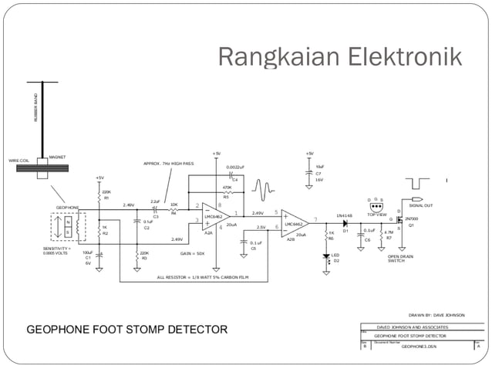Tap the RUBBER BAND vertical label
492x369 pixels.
coord(35,108)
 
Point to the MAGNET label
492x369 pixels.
coord(57,157)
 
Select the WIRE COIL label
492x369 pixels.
coord(19,161)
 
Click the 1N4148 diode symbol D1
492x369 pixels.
coord(345,222)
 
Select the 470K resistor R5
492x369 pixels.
coord(227,192)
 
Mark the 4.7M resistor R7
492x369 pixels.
coord(379,231)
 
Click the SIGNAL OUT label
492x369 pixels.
coord(421,205)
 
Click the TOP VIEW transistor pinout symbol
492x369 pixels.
coord(376,206)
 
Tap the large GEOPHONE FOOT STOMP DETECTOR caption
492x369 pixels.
coord(127,330)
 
